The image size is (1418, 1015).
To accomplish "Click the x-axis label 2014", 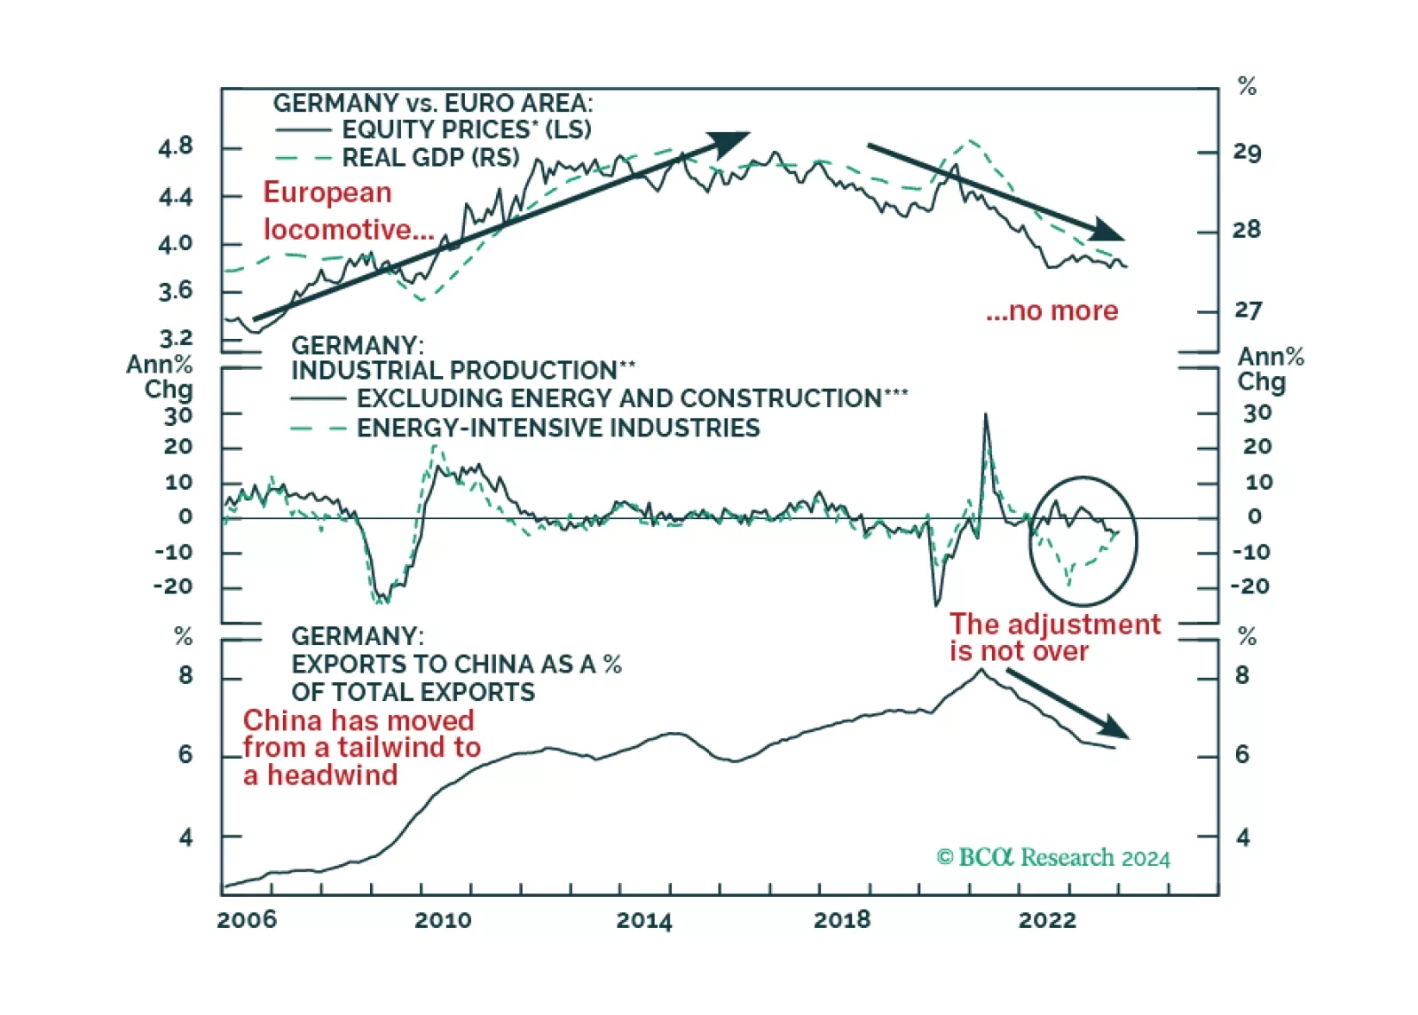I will (x=643, y=920).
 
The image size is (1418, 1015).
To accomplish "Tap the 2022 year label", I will (x=1047, y=920).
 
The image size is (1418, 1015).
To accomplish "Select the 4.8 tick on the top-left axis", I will (x=176, y=146).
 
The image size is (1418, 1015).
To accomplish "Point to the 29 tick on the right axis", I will (x=1247, y=153).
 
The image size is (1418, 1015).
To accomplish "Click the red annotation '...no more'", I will (x=1052, y=311).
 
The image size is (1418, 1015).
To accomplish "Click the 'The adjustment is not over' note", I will (x=1054, y=637).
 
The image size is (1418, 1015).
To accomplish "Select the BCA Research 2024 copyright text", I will (x=1053, y=857).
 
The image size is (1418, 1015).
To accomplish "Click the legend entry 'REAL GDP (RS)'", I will (x=430, y=158).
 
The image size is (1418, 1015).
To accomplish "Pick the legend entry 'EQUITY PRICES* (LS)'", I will (x=467, y=130).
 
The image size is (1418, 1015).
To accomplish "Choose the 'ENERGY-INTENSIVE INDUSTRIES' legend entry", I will (x=558, y=428).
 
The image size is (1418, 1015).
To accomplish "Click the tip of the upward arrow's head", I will (x=750, y=134).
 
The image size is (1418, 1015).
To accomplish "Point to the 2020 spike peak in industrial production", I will (x=985, y=414).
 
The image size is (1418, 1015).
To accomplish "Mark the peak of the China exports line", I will (x=981, y=669).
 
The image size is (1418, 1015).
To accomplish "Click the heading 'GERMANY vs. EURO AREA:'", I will (x=432, y=103).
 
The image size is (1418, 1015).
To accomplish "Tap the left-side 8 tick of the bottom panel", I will (x=185, y=676).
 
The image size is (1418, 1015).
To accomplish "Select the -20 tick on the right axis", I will (x=1249, y=586).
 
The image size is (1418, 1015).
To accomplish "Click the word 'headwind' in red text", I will (x=333, y=775).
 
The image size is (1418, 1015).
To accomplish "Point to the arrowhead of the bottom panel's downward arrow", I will (x=1128, y=737).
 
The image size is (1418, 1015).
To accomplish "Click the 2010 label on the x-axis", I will (x=443, y=920).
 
